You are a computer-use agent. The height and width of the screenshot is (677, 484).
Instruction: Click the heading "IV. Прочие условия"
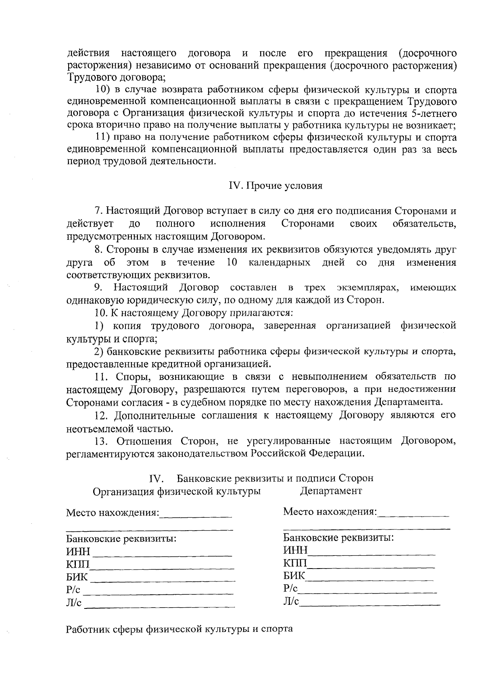tap(276, 186)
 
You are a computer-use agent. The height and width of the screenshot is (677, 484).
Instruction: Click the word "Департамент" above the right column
tap(331, 491)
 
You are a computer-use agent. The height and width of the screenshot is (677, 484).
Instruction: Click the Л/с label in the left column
tap(74, 603)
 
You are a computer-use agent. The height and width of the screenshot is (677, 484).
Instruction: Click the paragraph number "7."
tap(98, 211)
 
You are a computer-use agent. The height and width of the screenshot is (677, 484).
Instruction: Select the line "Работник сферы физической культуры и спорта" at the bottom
tap(179, 629)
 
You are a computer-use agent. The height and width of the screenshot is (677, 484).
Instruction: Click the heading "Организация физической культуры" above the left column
tap(176, 492)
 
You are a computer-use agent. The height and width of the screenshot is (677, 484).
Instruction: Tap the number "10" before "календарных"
tap(232, 262)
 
